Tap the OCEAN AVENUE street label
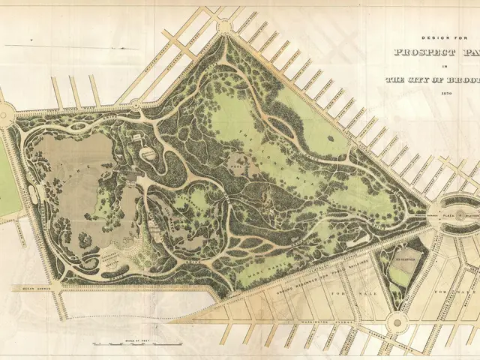tap(27, 288)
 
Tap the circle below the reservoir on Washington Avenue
tap(395, 322)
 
